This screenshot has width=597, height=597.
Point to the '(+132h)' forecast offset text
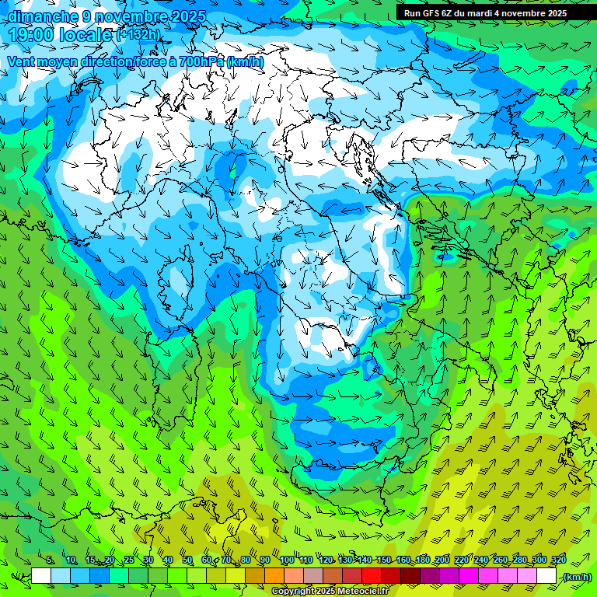138,34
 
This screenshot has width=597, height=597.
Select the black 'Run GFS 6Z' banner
485,12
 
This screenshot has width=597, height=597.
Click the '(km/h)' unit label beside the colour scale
576,577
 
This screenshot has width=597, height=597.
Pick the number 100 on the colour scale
287,560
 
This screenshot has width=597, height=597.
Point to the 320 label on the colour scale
558,560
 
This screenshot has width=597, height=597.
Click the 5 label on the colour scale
50,560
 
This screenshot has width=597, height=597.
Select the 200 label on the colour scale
442,560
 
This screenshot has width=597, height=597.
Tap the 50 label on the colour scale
187,560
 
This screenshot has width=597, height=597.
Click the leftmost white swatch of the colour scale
41,576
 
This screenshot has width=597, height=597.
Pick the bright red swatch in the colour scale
372,576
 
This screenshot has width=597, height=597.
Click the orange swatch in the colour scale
274,576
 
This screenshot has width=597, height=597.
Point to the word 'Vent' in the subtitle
22,62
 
